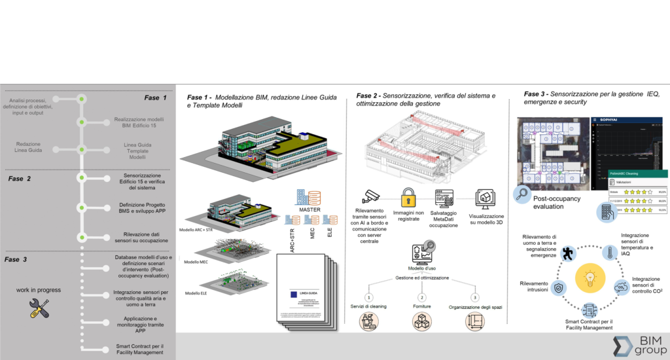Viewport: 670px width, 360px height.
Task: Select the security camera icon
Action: click(x=371, y=196)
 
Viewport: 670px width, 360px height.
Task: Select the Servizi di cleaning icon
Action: click(x=370, y=321)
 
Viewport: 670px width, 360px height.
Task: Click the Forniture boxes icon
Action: click(x=421, y=321)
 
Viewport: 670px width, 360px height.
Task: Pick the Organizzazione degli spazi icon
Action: click(x=476, y=321)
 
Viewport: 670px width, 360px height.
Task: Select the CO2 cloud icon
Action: click(x=620, y=287)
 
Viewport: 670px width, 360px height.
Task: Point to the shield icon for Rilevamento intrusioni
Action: click(x=559, y=287)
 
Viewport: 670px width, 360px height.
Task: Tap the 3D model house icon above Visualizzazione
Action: click(x=485, y=197)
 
